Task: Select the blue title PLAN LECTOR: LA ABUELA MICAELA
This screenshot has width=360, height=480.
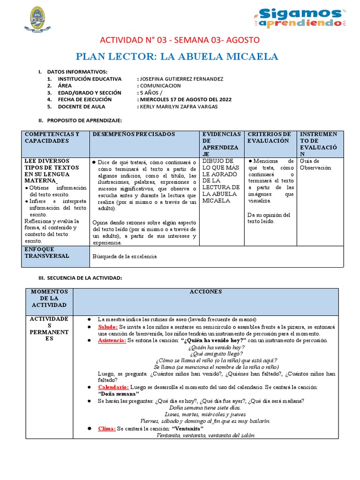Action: point(180,57)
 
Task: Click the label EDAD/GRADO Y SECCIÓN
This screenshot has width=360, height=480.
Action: point(90,93)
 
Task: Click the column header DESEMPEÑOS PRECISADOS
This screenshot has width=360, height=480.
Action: point(134,134)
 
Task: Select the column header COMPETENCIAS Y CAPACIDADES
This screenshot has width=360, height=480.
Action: point(52,137)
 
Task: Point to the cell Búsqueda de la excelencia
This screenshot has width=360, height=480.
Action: point(125,256)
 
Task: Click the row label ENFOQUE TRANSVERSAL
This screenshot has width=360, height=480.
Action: point(46,253)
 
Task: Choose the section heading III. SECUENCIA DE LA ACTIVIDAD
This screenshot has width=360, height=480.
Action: point(80,278)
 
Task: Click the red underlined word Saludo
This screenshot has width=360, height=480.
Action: point(108,326)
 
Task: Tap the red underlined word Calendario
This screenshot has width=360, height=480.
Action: point(113,387)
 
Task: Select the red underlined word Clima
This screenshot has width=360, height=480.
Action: point(106,428)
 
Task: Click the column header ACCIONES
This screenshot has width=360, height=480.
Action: point(206,292)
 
